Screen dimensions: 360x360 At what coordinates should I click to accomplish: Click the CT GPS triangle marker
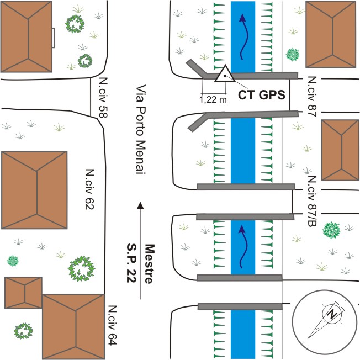(x=224, y=75)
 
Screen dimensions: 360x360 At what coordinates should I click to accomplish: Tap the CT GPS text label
(x=261, y=94)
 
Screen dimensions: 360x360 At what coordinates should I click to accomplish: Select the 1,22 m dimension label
(x=213, y=100)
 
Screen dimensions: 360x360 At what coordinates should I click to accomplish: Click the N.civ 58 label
(x=103, y=97)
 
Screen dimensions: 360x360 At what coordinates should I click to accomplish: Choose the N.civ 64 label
(x=113, y=326)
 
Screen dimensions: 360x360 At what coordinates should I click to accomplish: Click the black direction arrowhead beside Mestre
(x=140, y=205)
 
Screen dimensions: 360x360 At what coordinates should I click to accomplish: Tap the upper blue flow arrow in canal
(x=242, y=36)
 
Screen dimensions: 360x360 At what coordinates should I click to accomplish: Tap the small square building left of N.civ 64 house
(x=23, y=292)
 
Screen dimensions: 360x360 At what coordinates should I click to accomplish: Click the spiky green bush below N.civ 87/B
(x=331, y=230)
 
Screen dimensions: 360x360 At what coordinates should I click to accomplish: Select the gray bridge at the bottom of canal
(x=240, y=306)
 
